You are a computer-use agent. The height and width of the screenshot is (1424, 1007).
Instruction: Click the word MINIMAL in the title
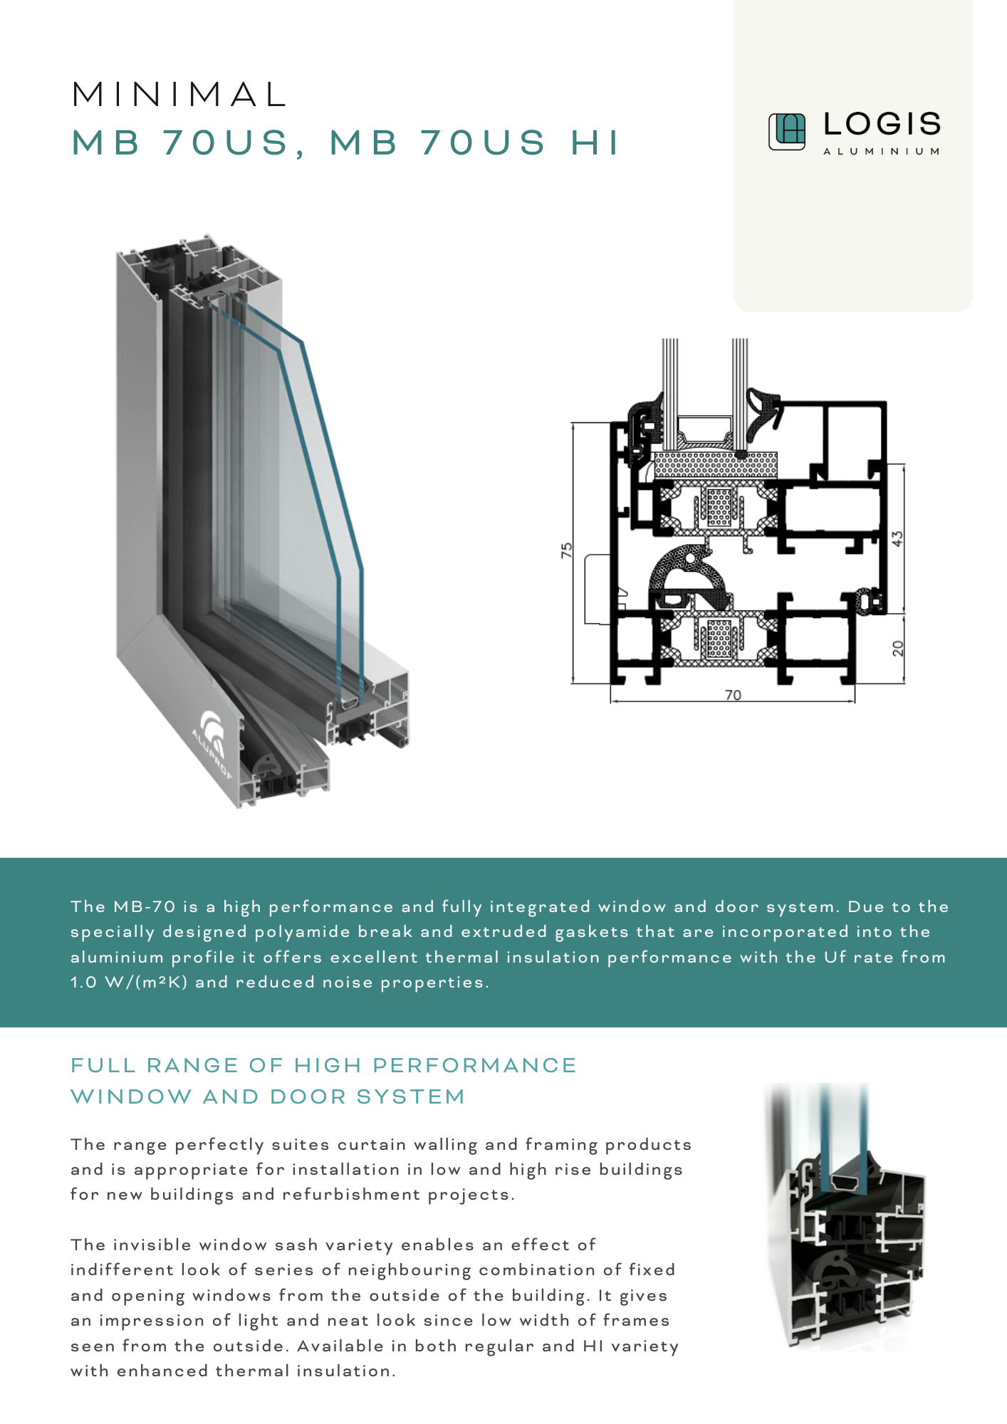[x=179, y=95]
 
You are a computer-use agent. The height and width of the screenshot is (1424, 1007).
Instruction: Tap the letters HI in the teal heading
[x=595, y=142]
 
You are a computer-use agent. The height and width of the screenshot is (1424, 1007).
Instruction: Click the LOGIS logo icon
[x=786, y=132]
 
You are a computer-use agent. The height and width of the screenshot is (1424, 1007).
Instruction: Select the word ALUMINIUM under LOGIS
[x=882, y=152]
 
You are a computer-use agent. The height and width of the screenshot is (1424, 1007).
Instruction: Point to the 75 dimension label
[x=566, y=550]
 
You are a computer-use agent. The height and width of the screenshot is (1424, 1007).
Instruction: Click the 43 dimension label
[x=898, y=538]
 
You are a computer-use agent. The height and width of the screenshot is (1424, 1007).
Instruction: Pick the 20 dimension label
[x=898, y=648]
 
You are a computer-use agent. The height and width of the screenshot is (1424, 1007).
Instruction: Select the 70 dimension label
[x=733, y=695]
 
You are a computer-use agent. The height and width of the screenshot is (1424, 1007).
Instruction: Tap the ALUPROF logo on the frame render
[x=212, y=740]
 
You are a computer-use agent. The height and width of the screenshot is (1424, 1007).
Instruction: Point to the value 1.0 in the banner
[x=83, y=983]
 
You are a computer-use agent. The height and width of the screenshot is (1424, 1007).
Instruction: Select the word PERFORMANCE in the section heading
[x=474, y=1065]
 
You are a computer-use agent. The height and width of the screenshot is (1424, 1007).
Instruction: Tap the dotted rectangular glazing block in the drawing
[x=715, y=465]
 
